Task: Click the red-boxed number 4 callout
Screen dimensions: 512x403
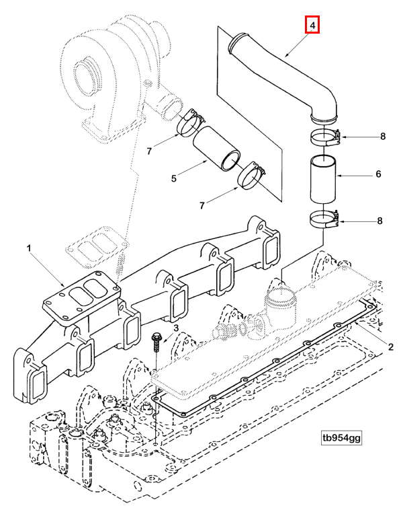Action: click(x=312, y=26)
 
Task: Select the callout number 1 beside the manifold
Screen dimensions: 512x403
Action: click(x=29, y=249)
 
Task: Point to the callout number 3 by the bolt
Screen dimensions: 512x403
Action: click(x=176, y=328)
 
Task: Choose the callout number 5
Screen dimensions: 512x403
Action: click(x=173, y=178)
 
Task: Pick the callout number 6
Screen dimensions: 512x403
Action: click(x=378, y=174)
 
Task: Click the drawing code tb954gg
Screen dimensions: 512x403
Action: click(x=341, y=438)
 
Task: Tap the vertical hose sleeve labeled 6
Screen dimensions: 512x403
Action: click(x=325, y=178)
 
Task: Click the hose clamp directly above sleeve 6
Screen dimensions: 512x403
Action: click(x=326, y=138)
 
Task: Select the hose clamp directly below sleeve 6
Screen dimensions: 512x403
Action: click(x=326, y=219)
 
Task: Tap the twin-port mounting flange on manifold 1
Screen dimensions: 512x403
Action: click(x=78, y=296)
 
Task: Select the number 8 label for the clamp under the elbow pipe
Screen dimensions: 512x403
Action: click(x=382, y=137)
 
